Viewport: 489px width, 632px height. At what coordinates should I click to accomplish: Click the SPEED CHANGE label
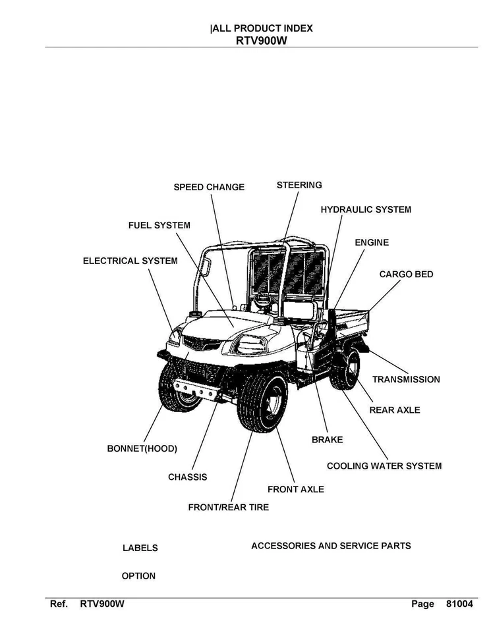point(209,187)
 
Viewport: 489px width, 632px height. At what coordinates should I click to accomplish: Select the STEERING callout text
point(299,185)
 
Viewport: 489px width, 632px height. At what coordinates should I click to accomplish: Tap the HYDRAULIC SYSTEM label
point(366,209)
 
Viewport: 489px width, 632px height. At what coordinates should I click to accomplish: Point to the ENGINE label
point(372,242)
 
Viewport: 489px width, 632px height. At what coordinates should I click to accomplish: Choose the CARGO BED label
point(406,274)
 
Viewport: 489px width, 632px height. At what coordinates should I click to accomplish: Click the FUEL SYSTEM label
point(159,225)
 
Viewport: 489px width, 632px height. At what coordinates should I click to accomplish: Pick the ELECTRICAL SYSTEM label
point(130,261)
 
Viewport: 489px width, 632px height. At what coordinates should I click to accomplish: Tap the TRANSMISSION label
point(406,379)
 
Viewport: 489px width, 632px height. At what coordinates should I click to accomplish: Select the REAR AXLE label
point(394,410)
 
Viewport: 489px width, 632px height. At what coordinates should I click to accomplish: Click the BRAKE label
point(327,439)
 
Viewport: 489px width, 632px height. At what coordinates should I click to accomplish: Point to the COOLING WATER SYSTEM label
point(384,466)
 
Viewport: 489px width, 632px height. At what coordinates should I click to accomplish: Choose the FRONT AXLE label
point(295,489)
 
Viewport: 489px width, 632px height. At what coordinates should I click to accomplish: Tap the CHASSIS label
point(187,477)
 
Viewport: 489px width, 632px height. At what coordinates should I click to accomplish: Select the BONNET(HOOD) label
point(142,449)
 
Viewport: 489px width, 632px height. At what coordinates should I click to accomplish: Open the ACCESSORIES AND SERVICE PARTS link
point(331,546)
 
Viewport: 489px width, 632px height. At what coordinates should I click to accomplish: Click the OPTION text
point(138,576)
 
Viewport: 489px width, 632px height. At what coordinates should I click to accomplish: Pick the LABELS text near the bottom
point(140,548)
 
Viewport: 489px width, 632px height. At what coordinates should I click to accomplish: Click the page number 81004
point(459,604)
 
